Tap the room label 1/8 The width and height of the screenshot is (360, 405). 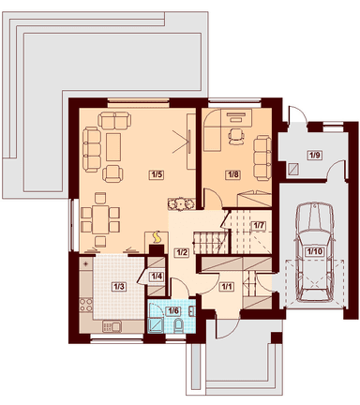(x=233, y=174)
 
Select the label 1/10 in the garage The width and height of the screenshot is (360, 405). (x=314, y=251)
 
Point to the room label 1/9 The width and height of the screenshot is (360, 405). (x=315, y=155)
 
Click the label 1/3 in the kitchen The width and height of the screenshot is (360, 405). (x=119, y=286)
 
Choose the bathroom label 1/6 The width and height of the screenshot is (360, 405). (x=173, y=310)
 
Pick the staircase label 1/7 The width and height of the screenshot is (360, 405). (x=259, y=225)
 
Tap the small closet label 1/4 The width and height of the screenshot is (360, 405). (x=157, y=277)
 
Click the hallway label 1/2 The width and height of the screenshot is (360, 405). (x=182, y=252)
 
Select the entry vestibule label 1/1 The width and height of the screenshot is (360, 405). (x=227, y=286)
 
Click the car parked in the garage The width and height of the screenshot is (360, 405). (x=315, y=252)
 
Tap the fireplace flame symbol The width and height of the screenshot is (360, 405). (x=157, y=237)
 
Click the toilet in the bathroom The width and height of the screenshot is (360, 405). (x=179, y=325)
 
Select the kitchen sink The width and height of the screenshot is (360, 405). (x=112, y=327)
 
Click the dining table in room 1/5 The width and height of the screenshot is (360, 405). (x=100, y=219)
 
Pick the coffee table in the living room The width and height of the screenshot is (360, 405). (x=113, y=147)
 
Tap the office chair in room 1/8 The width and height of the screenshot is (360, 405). (x=235, y=137)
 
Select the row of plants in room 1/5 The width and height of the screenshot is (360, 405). (x=180, y=204)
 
